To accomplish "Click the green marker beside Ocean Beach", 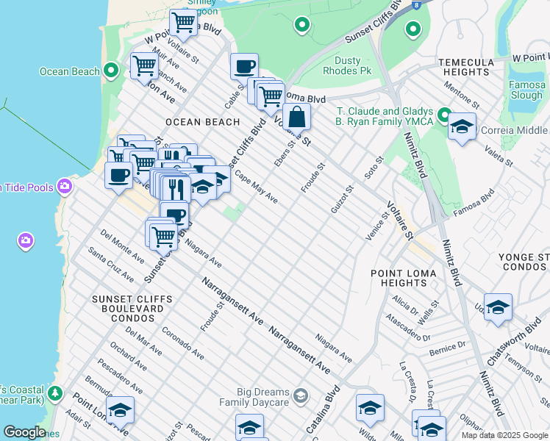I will click(111, 71).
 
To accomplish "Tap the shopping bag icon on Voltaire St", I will click(296, 117).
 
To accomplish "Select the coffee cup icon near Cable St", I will click(244, 67).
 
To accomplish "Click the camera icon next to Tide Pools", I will click(65, 187).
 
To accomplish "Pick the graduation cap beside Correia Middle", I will click(462, 127).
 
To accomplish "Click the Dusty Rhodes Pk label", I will click(347, 65).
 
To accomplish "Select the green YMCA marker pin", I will click(444, 115).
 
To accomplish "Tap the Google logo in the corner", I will click(24, 431).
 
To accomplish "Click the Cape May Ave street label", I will click(256, 187).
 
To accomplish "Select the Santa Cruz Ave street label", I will click(111, 265).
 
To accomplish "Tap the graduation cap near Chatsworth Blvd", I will click(498, 307).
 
